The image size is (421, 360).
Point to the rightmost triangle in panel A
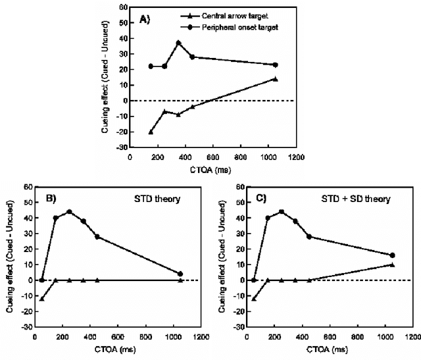(275, 79)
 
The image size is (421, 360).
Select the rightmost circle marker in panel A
(275, 64)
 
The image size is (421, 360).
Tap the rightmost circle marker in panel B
(180, 274)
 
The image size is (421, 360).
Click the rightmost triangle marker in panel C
(392, 265)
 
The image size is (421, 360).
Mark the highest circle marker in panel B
(69, 212)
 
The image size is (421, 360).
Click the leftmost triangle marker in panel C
(254, 299)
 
